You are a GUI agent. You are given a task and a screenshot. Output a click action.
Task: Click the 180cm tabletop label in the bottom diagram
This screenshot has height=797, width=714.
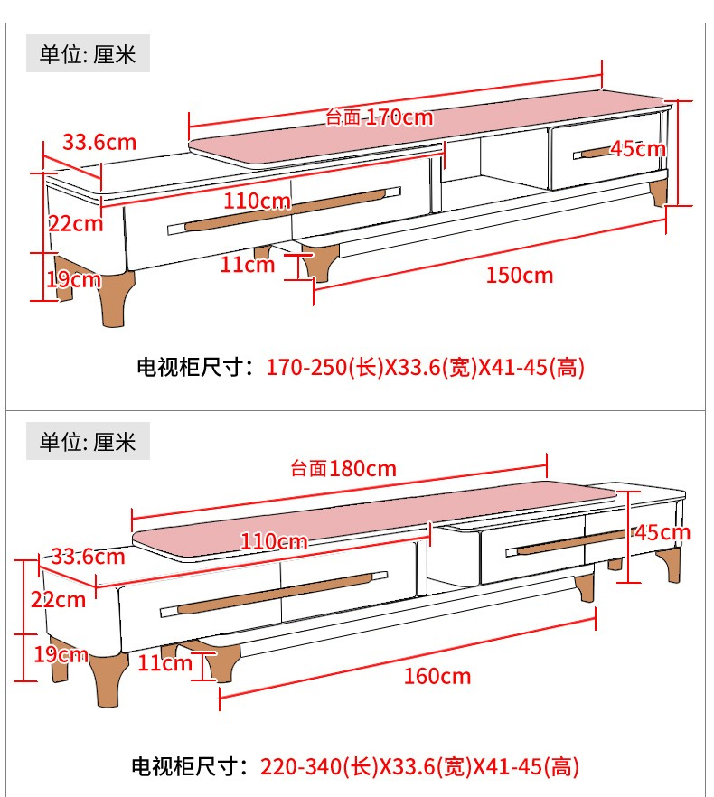click(x=343, y=468)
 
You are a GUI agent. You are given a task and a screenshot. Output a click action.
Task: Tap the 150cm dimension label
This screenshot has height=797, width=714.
click(x=519, y=275)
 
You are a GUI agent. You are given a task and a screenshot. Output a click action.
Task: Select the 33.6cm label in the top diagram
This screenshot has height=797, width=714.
click(x=99, y=142)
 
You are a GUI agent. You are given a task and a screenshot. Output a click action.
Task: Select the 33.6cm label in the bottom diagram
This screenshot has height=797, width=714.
click(x=87, y=556)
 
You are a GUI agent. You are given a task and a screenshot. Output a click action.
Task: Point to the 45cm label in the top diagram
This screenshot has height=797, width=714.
click(x=637, y=149)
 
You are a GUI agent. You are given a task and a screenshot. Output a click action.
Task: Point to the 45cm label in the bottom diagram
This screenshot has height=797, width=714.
click(x=662, y=532)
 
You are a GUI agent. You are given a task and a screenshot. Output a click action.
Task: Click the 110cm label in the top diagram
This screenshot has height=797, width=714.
click(x=258, y=200)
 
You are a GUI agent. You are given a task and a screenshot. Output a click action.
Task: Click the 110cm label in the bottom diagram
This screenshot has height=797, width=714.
click(x=274, y=542)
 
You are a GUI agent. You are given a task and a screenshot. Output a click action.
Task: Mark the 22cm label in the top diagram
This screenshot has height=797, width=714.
click(x=76, y=222)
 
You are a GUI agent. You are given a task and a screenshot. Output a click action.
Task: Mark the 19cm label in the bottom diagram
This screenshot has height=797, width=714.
click(x=61, y=654)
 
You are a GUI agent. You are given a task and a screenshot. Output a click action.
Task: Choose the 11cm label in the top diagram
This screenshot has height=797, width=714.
click(x=248, y=265)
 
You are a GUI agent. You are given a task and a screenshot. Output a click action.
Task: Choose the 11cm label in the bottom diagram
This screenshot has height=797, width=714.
click(x=165, y=663)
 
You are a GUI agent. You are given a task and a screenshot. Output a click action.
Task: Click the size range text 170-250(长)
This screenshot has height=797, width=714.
click(x=325, y=368)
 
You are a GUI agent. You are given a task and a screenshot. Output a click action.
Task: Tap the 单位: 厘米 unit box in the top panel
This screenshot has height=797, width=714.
click(x=88, y=55)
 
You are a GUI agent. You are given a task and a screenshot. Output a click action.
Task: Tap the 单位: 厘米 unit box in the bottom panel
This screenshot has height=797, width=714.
click(x=88, y=442)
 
